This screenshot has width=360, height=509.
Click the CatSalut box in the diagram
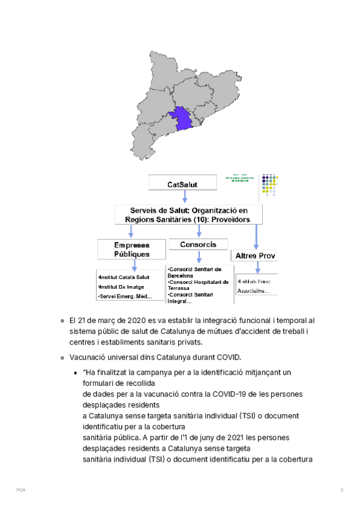pyautogui.click(x=182, y=184)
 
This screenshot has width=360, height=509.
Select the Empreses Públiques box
pyautogui.click(x=132, y=250)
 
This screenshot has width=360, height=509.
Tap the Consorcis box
pyautogui.click(x=198, y=245)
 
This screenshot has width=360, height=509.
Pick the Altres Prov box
pyautogui.click(x=256, y=256)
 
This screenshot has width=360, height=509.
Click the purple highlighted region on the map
pyautogui.click(x=182, y=118)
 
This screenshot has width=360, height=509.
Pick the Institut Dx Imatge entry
pyautogui.click(x=120, y=287)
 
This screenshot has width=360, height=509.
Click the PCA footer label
pyautogui.click(x=20, y=490)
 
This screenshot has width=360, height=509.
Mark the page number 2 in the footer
pyautogui.click(x=341, y=490)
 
